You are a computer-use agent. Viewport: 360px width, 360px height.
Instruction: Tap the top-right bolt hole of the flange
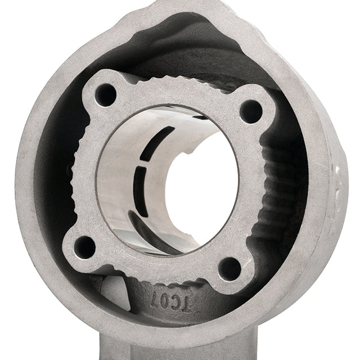coord(250,111)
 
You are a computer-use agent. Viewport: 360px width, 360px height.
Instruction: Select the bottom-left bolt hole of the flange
coord(85,246)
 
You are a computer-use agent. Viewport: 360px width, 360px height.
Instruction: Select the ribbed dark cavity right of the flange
coord(287,186)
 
